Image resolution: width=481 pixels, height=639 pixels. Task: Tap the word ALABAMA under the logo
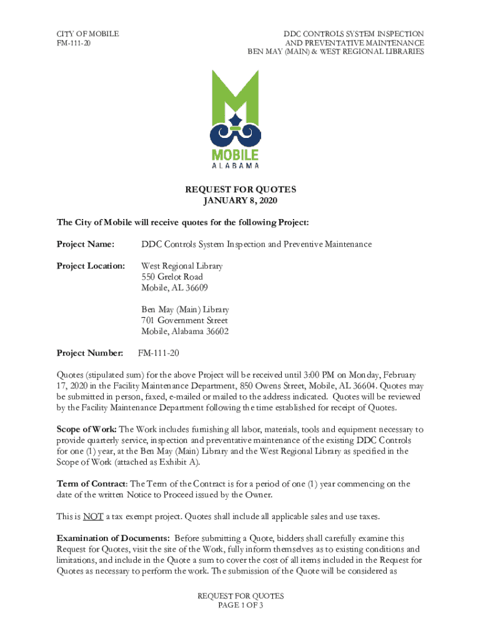coord(235,166)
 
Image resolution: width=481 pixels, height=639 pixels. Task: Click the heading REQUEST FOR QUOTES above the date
coord(240,190)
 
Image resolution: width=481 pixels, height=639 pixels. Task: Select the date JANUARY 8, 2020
coord(240,201)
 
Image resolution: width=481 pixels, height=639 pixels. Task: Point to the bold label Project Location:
coord(91,266)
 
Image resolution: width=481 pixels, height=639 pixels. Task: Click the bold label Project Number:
coord(90,353)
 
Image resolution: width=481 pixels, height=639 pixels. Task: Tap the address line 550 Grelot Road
coord(172,277)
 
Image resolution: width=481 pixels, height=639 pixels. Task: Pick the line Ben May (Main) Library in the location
coord(185,310)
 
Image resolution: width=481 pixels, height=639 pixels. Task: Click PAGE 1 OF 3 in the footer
coord(241,606)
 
